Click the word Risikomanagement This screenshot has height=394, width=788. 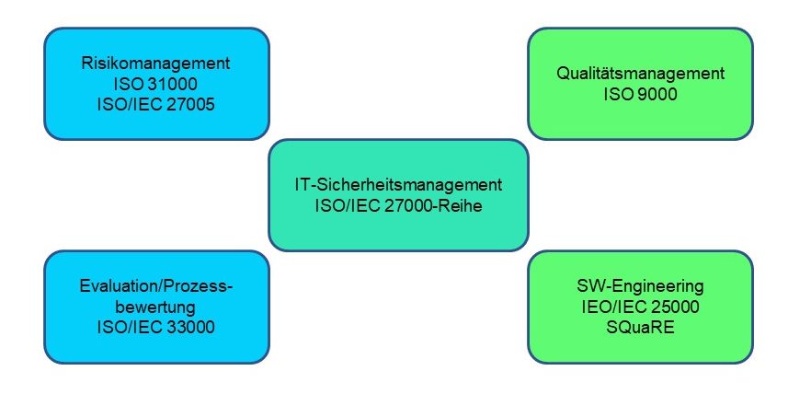[x=155, y=64]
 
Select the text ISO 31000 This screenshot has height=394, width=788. [x=155, y=84]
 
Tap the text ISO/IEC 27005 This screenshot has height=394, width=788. [x=155, y=105]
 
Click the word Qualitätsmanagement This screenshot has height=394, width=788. [x=641, y=74]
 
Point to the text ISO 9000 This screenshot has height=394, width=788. [x=641, y=95]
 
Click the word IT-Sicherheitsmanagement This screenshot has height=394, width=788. [x=398, y=185]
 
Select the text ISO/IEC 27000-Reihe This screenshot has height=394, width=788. [x=398, y=206]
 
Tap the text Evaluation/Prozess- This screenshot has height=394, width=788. [x=157, y=286]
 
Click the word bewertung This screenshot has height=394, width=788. [x=155, y=307]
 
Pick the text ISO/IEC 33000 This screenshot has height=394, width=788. [x=155, y=327]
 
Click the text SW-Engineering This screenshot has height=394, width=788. [x=641, y=287]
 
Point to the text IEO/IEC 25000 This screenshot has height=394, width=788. [x=641, y=307]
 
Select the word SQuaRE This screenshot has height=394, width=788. [x=641, y=328]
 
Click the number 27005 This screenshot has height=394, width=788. [x=190, y=105]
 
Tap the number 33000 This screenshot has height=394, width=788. [x=190, y=327]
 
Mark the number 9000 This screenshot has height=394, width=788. [x=657, y=95]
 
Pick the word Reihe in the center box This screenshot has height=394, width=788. [x=463, y=206]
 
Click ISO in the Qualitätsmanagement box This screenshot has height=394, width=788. [x=618, y=95]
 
